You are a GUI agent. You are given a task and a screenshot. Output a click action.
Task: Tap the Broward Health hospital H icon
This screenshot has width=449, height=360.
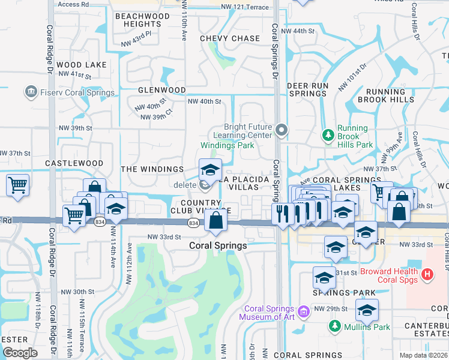click(427, 275)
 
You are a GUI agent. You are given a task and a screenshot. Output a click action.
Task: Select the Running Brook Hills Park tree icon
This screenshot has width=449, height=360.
click(328, 135)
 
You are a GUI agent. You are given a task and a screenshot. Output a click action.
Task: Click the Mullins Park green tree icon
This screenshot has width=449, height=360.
click(335, 327)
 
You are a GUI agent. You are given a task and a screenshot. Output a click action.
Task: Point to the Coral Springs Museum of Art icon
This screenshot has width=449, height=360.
click(304, 311)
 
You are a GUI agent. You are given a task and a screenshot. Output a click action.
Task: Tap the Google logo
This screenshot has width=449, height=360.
click(20, 353)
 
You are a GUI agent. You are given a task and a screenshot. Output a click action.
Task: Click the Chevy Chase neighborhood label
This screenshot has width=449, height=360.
click(230, 38)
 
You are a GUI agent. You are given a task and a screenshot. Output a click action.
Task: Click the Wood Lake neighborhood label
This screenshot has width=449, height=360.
click(82, 65)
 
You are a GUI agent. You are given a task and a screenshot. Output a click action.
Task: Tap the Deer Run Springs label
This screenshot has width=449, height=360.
click(307, 90)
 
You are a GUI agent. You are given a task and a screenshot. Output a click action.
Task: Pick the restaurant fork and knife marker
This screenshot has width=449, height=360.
click(282, 213)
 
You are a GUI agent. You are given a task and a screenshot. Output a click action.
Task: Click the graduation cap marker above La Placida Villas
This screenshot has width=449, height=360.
click(210, 169)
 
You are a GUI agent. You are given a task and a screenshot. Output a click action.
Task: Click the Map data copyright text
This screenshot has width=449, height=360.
click(423, 355)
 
